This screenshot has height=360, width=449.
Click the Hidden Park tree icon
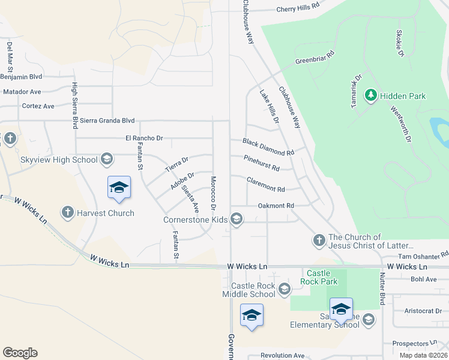pos(371,95)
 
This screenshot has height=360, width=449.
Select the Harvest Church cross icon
pos(67,212)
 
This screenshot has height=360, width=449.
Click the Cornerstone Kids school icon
pos(237,219)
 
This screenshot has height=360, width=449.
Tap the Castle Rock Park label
pos(318,277)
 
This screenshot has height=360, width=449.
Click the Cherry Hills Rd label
pos(298,9)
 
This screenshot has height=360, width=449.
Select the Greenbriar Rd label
pos(315,61)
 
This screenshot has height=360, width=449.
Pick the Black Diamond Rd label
pos(268,147)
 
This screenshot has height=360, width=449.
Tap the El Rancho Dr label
pos(144,138)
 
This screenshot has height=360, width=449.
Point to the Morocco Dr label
pos(212,193)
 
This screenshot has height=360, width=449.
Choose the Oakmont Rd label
pos(276,206)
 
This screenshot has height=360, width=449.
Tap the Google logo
pos(20,353)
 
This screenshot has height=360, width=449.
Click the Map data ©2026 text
pos(423,355)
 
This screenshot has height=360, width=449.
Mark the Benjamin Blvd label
pos(21,77)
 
